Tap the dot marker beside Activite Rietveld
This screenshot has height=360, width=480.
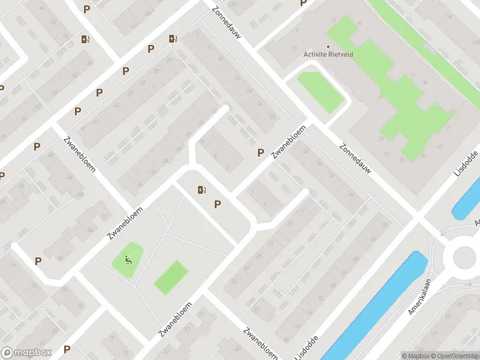click(x=328, y=47)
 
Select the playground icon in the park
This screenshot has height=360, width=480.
click(x=127, y=260)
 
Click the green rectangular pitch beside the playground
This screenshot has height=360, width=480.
click(x=171, y=277)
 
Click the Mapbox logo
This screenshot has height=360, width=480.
click(x=26, y=353)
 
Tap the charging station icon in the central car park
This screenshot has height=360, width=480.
click(x=202, y=190)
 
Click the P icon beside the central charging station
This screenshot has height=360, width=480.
click(x=217, y=205)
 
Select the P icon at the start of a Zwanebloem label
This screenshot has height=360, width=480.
click(x=260, y=153)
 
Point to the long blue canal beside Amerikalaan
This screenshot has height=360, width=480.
click(x=374, y=306)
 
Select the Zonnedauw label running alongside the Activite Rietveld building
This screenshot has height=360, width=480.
click(x=356, y=158)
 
